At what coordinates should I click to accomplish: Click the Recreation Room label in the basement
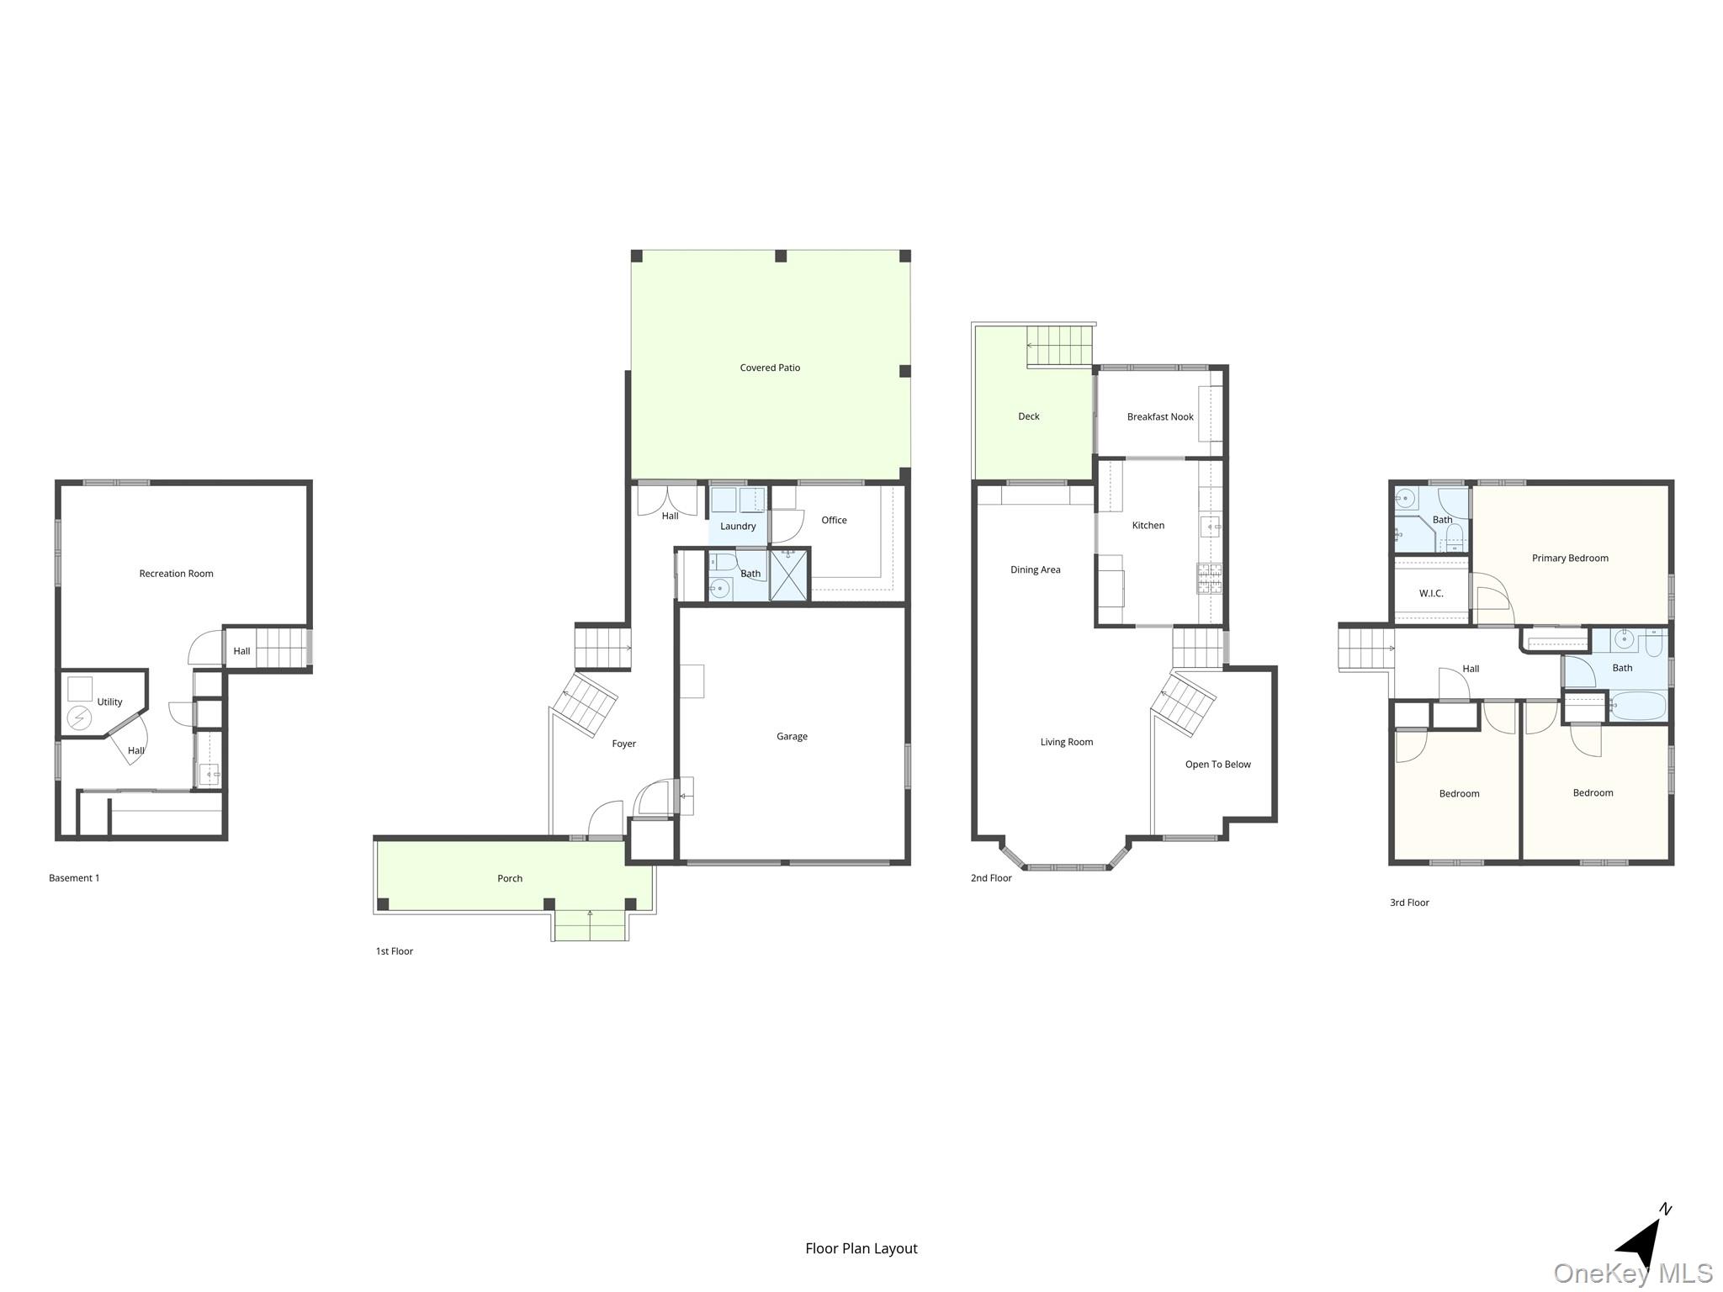[x=176, y=574]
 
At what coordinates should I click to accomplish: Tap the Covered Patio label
[x=770, y=368]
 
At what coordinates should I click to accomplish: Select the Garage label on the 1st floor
[x=792, y=736]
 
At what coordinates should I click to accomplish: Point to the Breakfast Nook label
[x=1160, y=416]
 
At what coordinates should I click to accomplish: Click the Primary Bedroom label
[x=1570, y=558]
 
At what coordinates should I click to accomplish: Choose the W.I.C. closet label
[x=1431, y=593]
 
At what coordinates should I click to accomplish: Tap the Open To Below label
[x=1217, y=764]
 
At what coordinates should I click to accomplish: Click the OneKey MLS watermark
[x=1632, y=1273]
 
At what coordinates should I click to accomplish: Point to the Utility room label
[x=109, y=702]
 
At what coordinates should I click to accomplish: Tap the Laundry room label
[x=738, y=526]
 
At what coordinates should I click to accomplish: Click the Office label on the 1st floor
[x=834, y=520]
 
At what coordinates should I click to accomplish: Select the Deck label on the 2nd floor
[x=1028, y=416]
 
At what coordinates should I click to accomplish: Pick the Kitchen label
[x=1148, y=525]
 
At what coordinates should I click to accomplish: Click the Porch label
[x=510, y=878]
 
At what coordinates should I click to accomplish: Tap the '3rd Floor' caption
[x=1409, y=903]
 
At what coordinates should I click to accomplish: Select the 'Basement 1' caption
[x=74, y=877]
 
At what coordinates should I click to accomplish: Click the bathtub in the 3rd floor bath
[x=1636, y=706]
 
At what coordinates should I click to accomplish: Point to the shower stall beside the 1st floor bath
[x=789, y=575]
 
